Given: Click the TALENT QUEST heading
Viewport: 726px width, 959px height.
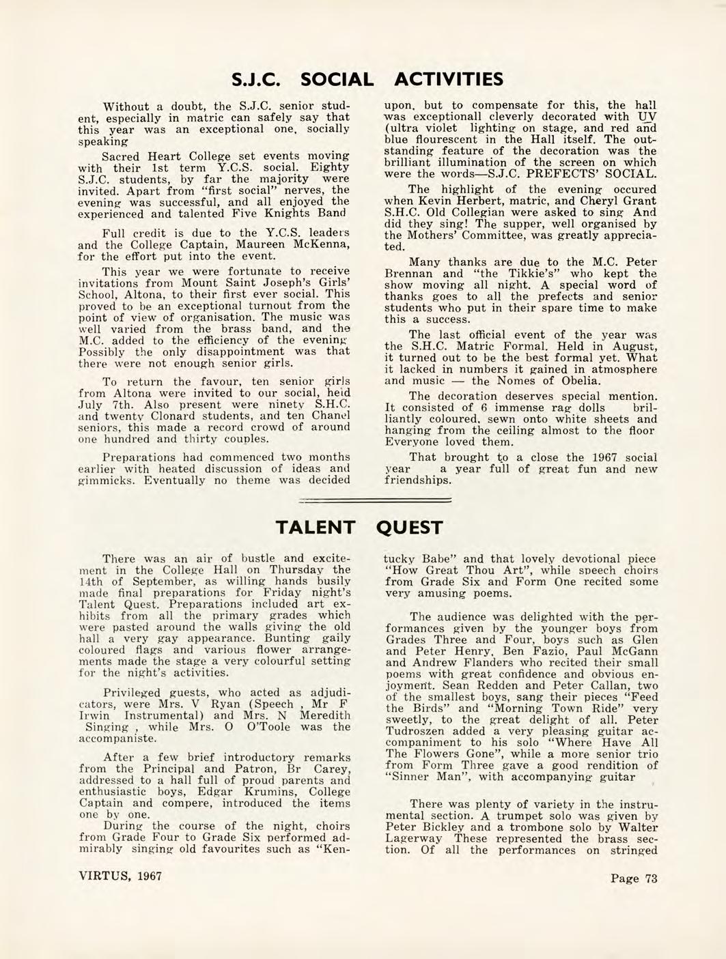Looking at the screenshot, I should pyautogui.click(x=359, y=528).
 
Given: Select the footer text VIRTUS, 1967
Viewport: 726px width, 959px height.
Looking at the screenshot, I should pyautogui.click(x=116, y=875).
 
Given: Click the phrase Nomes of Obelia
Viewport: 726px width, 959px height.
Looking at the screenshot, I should pyautogui.click(x=555, y=381).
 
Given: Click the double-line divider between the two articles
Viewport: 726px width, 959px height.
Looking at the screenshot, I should pyautogui.click(x=376, y=501).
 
